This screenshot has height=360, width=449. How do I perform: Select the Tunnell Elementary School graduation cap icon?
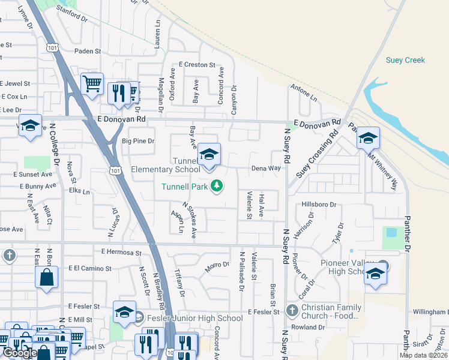coord(208,155)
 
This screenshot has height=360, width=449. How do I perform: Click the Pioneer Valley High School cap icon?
coord(375,274)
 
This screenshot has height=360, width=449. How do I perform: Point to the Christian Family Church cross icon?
coord(292,311)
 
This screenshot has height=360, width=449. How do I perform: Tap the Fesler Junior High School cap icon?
coord(124,312)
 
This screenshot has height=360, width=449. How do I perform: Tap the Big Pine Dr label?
coord(138,142)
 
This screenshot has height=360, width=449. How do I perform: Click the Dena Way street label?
coord(266,169)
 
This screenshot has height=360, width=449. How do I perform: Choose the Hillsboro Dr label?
coord(319,205)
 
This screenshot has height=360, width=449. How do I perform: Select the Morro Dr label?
coord(217,265)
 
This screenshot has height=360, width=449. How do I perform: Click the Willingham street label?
coord(431,313)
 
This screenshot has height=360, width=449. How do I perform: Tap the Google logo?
coord(20,353)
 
